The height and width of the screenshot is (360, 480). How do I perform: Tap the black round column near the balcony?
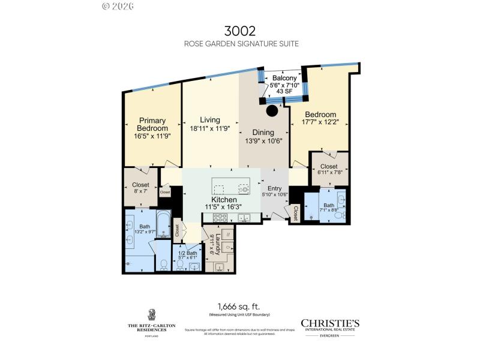coord(272,111)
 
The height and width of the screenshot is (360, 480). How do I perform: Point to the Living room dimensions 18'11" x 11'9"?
coord(210,129)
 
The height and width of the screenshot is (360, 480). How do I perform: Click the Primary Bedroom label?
coord(152,124)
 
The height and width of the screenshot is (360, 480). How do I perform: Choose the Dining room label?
coord(263,133)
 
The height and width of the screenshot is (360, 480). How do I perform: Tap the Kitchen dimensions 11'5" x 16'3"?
coord(219,207)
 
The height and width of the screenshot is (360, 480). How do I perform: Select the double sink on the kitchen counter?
coord(244,218)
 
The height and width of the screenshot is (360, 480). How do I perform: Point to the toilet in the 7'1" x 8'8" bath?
coord(339,214)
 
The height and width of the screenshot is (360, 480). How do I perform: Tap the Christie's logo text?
coord(329,322)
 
